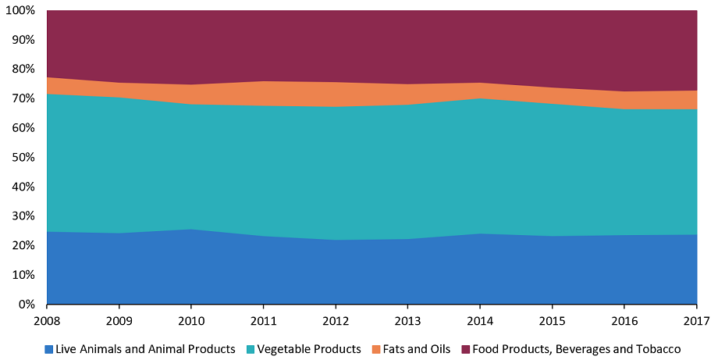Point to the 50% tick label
pos(24,158)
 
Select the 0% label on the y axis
pos(27,305)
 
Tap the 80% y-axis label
pos(24,70)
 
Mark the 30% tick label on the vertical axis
pos(24,216)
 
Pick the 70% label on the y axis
pos(24,99)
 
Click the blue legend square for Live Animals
pos(49,349)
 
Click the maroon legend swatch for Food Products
pos(465,349)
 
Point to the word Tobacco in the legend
pos(659,349)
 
